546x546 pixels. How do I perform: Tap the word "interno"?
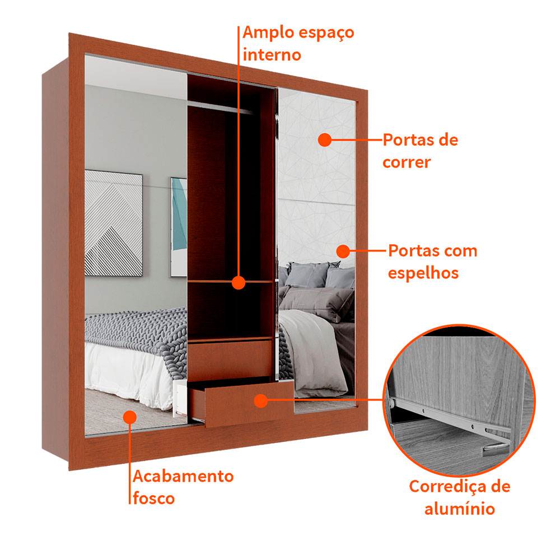pos(272,55)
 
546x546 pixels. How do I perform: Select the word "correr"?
pos(407,162)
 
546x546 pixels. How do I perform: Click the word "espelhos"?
pos(423,273)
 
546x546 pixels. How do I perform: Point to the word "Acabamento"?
pos(183,476)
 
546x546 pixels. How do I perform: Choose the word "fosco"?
pos(153,498)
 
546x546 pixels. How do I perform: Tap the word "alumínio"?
pos(460,508)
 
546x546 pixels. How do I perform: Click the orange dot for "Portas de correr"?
pos(325,140)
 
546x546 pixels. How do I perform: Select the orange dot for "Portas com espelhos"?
pos(343,251)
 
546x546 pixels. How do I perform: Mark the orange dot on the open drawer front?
pos(260,401)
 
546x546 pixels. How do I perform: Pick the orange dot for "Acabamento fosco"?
pos(129,417)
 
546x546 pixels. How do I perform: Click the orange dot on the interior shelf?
pos(239,282)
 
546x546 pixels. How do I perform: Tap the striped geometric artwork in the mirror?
pos(114,223)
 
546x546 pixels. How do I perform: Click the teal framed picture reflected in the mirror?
pos(179,227)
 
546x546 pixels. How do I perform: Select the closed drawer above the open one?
pos(230,359)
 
